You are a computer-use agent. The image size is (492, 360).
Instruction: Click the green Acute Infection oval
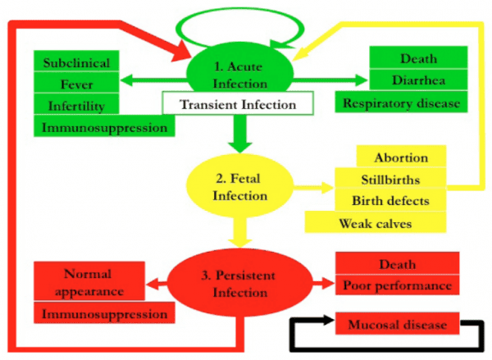tap(238, 72)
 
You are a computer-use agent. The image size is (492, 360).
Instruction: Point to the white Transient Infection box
tap(237, 103)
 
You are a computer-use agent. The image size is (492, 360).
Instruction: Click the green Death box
tap(418, 58)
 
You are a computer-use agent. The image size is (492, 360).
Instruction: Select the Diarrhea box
tap(418, 80)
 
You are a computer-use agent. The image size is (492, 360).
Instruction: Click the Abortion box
tap(401, 157)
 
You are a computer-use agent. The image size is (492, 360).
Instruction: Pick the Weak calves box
tap(375, 222)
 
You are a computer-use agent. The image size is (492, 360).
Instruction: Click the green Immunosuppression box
tap(104, 126)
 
